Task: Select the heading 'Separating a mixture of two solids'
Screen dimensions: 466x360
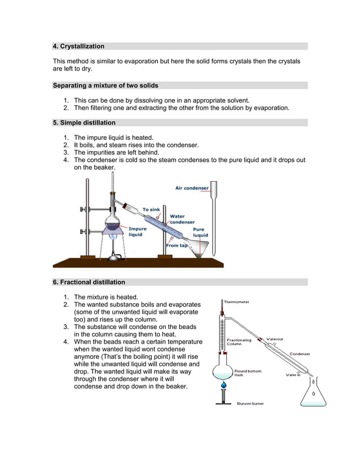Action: (x=106, y=86)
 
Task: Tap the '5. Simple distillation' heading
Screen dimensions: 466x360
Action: (x=84, y=122)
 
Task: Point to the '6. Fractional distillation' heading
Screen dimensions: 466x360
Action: (x=89, y=282)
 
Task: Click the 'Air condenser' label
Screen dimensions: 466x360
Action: (x=192, y=188)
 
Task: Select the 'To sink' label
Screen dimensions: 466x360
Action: (x=151, y=209)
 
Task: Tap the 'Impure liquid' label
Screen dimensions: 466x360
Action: (x=138, y=232)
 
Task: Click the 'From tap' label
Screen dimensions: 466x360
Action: (x=177, y=245)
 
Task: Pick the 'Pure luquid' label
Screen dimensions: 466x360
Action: (x=200, y=232)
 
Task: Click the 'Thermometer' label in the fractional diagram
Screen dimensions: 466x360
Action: (x=236, y=302)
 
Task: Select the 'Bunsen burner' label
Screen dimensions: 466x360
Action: (x=250, y=403)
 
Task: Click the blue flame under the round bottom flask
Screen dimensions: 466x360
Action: (x=224, y=385)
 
